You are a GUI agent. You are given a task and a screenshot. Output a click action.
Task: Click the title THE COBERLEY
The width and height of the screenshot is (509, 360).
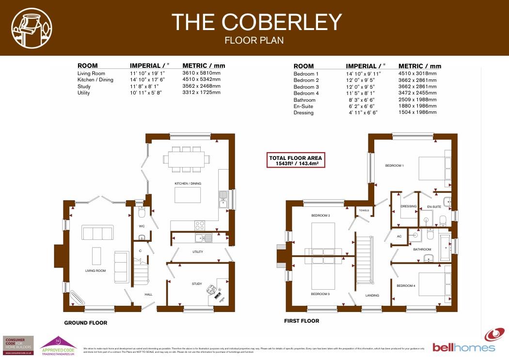click(256, 22)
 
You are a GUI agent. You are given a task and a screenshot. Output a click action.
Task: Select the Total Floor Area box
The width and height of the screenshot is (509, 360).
click(296, 160)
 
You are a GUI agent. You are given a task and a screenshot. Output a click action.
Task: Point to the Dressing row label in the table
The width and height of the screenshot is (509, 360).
click(303, 112)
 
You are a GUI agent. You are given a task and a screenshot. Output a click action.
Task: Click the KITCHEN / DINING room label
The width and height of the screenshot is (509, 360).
click(188, 184)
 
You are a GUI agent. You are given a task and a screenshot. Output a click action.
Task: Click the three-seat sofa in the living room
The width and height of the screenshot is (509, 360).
click(97, 233)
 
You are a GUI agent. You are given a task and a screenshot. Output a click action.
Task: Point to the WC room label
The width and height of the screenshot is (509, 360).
click(142, 226)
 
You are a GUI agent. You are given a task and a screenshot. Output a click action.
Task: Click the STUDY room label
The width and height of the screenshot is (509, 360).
click(196, 284)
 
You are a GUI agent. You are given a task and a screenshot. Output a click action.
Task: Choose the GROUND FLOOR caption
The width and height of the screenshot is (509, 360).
click(86, 323)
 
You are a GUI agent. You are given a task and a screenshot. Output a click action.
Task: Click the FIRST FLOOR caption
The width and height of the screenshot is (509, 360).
click(302, 321)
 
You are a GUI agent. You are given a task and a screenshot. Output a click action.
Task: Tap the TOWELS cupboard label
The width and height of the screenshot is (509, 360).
click(364, 210)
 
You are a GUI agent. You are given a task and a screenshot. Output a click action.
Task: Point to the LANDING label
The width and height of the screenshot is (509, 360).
click(372, 295)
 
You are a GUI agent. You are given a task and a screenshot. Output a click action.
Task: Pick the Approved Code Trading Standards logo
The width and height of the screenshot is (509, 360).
click(58, 346)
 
